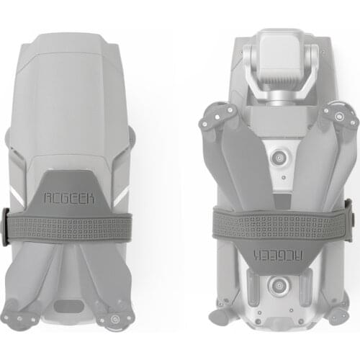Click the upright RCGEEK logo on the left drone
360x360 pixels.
69,198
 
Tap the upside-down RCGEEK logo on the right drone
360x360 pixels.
278,255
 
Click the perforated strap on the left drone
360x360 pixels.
70,226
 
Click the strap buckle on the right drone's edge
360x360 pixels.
349,220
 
